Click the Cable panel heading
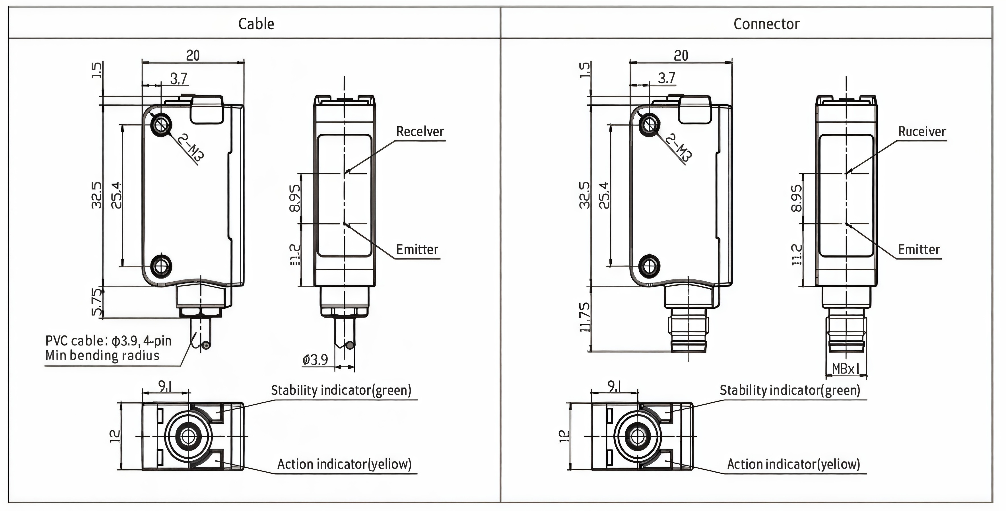pyautogui.click(x=256, y=24)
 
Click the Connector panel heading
pyautogui.click(x=766, y=24)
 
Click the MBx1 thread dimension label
pyautogui.click(x=846, y=368)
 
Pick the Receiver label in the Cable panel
pyautogui.click(x=420, y=132)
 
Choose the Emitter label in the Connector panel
pyautogui.click(x=919, y=250)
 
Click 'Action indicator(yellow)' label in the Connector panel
pyautogui.click(x=793, y=464)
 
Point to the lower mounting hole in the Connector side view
pyautogui.click(x=649, y=266)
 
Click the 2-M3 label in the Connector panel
pyautogui.click(x=679, y=148)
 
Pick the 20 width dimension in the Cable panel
pyautogui.click(x=193, y=55)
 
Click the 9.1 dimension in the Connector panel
pyautogui.click(x=614, y=387)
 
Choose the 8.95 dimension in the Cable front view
pyautogui.click(x=295, y=198)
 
